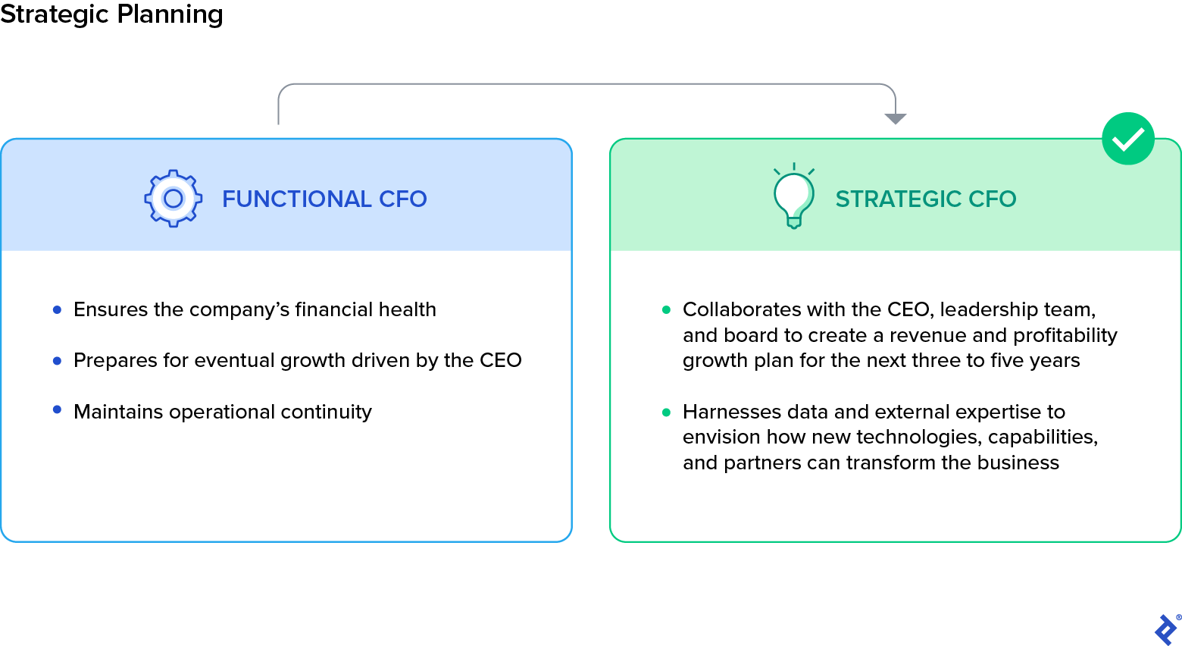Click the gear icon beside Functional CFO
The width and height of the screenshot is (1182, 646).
pyautogui.click(x=174, y=198)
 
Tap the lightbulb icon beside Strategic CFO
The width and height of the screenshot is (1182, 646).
pyautogui.click(x=793, y=197)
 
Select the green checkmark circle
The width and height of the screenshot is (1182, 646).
pyautogui.click(x=1127, y=139)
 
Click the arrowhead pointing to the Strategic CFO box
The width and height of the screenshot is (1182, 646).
pyautogui.click(x=896, y=118)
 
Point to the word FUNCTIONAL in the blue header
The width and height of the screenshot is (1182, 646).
pyautogui.click(x=296, y=199)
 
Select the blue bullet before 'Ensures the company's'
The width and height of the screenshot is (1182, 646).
pyautogui.click(x=57, y=309)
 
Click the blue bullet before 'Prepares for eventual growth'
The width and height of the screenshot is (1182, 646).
pyautogui.click(x=57, y=361)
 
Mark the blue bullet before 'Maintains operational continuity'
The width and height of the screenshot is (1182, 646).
pyautogui.click(x=57, y=410)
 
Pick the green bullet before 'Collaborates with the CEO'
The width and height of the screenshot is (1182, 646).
pyautogui.click(x=667, y=309)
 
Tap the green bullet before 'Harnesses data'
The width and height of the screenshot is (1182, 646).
pyautogui.click(x=667, y=412)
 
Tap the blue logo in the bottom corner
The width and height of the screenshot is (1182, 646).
pyautogui.click(x=1165, y=629)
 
